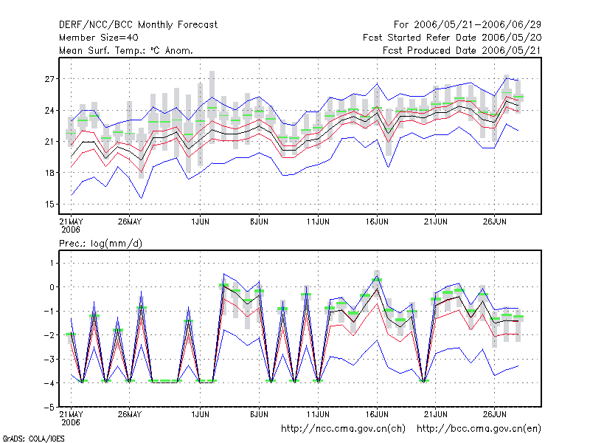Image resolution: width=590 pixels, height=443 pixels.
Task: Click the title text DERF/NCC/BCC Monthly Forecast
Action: point(138,25)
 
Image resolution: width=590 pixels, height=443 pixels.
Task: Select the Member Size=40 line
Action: point(99,38)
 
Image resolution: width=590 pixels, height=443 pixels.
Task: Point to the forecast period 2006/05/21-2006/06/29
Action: point(477,25)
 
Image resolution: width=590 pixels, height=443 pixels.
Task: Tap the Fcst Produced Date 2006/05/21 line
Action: point(462,50)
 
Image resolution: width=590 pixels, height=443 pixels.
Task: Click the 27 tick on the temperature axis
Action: point(49,79)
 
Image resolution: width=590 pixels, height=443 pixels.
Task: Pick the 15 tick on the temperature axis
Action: point(49,205)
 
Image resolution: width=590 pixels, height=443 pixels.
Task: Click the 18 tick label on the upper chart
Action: point(49,173)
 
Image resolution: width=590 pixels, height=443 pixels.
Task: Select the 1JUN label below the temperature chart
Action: point(200,221)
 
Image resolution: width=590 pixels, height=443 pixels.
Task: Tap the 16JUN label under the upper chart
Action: point(377,221)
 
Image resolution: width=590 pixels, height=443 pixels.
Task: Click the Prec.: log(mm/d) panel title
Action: point(100,244)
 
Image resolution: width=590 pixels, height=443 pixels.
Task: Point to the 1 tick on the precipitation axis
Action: point(52,263)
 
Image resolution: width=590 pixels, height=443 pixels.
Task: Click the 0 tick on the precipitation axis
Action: point(52,287)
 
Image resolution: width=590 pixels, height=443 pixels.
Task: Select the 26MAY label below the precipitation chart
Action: point(130,414)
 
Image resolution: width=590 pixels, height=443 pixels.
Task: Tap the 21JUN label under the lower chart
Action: point(436,414)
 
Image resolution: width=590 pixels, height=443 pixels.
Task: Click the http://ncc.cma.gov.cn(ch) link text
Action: point(343,429)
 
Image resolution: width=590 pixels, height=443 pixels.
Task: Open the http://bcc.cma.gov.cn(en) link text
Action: point(479,429)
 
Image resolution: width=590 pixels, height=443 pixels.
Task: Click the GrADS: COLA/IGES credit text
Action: point(33,439)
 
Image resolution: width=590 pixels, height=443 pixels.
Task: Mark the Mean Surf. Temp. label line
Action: point(126,50)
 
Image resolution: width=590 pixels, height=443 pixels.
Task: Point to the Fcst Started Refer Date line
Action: point(452,38)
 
